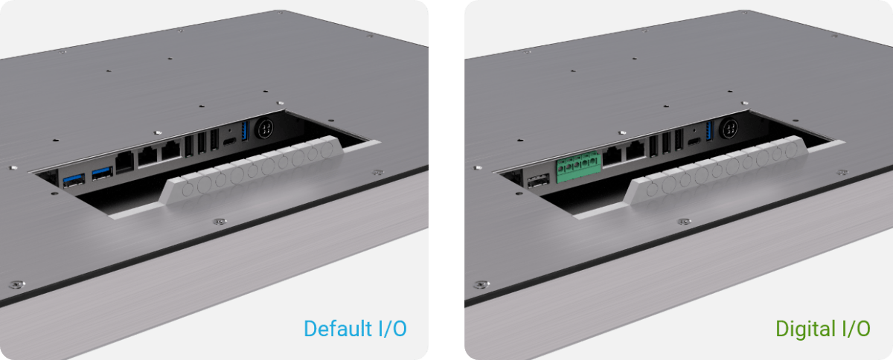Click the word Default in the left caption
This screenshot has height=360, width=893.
[x=338, y=329]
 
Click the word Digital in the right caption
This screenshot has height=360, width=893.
[x=806, y=330]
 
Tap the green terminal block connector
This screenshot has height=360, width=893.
[x=578, y=167]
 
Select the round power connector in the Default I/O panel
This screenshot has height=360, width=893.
[x=264, y=129]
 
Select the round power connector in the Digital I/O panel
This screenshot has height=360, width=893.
[x=729, y=129]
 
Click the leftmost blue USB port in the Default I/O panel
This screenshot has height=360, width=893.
[x=74, y=180]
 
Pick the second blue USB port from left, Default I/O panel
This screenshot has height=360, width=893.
[x=103, y=173]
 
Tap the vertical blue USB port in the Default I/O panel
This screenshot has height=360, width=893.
[x=245, y=131]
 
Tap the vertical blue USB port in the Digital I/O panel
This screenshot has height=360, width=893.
[x=708, y=131]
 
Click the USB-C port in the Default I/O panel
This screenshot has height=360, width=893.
[x=230, y=141]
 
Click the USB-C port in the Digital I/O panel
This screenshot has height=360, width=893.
[x=694, y=141]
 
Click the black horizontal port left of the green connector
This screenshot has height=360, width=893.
[x=538, y=181]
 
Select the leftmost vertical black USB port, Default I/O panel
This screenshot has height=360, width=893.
[x=189, y=146]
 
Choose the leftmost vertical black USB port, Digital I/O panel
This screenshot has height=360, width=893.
[x=653, y=146]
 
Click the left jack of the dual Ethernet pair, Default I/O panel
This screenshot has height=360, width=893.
[x=147, y=156]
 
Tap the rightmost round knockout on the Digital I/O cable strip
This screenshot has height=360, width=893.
[x=791, y=150]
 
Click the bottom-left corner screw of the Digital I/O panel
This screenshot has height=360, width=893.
[x=481, y=285]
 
